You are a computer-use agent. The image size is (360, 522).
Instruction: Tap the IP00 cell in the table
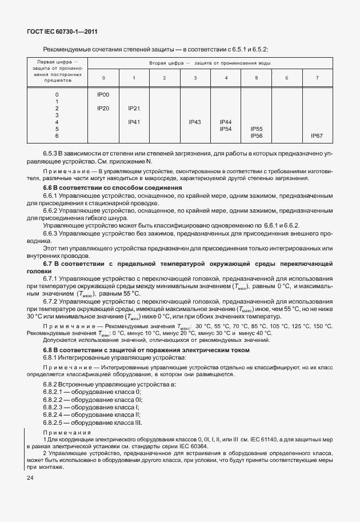(x=103, y=94)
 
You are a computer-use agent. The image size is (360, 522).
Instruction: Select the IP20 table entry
(x=103, y=108)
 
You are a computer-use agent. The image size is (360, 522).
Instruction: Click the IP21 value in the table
(x=134, y=108)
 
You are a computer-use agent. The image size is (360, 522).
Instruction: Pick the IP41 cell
(x=134, y=122)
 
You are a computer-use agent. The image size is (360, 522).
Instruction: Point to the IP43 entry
(x=195, y=122)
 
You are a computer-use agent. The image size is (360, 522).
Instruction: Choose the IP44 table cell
(x=226, y=122)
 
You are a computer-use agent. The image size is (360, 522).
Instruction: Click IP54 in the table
(x=226, y=129)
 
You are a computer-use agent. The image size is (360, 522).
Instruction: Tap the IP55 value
(x=257, y=129)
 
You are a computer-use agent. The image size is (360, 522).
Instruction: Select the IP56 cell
(x=257, y=136)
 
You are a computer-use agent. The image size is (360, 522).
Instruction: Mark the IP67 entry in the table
(x=317, y=136)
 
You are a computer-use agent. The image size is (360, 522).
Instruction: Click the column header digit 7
(x=317, y=77)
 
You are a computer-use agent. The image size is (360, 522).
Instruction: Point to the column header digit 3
(x=195, y=77)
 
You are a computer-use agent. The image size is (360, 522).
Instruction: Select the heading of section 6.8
(x=146, y=349)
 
